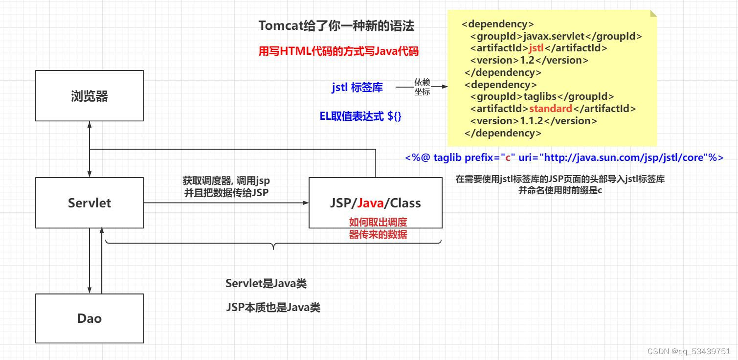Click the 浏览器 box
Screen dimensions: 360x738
89,96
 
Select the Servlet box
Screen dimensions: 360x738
89,202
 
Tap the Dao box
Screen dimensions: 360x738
89,318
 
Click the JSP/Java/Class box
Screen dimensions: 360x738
375,202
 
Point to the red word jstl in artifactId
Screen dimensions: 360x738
537,48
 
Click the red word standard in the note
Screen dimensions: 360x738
551,109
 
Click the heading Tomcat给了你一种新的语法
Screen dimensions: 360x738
336,26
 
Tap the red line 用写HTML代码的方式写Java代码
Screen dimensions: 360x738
338,51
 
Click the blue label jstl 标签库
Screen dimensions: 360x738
357,88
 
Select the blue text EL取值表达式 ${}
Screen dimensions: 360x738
360,116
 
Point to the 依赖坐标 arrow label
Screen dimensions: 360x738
422,87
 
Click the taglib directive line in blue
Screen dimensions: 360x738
564,157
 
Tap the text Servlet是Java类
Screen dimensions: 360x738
266,283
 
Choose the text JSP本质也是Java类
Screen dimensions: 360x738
273,308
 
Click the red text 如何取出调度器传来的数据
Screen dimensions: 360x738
378,228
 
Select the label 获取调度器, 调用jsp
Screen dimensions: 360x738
226,181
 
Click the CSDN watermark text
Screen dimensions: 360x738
689,351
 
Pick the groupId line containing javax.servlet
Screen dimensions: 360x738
556,36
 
